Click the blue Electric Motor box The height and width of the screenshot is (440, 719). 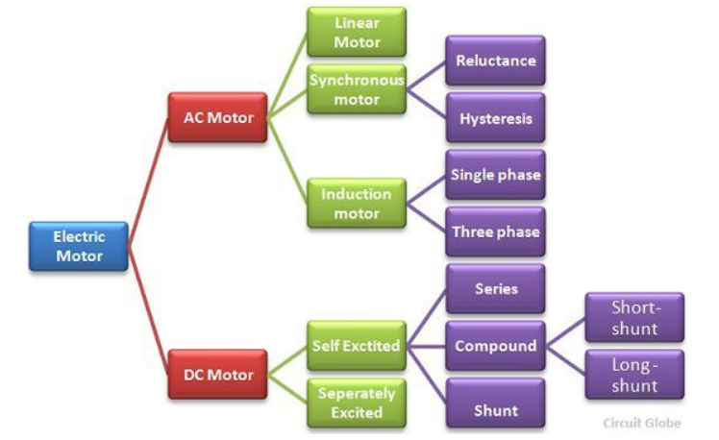(79, 245)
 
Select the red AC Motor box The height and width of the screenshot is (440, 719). (217, 118)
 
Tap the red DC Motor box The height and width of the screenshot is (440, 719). (217, 374)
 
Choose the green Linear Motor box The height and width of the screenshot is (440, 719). (357, 32)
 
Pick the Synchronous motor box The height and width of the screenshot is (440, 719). (357, 90)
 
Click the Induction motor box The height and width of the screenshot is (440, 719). (357, 203)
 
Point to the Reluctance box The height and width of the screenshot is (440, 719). (495, 61)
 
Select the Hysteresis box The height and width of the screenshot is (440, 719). (495, 119)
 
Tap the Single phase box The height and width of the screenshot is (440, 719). (495, 175)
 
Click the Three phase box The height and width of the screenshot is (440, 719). (495, 232)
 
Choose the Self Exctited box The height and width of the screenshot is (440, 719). (357, 345)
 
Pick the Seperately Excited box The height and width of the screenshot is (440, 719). (357, 403)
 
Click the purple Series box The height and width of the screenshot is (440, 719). (495, 288)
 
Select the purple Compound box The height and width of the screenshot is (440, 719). (495, 346)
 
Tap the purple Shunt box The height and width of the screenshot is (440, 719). (495, 410)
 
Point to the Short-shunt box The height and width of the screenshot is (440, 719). (634, 318)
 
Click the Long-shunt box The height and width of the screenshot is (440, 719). (634, 375)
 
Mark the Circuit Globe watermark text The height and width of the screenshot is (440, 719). (641, 423)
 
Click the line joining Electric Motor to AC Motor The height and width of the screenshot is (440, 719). (149, 178)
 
